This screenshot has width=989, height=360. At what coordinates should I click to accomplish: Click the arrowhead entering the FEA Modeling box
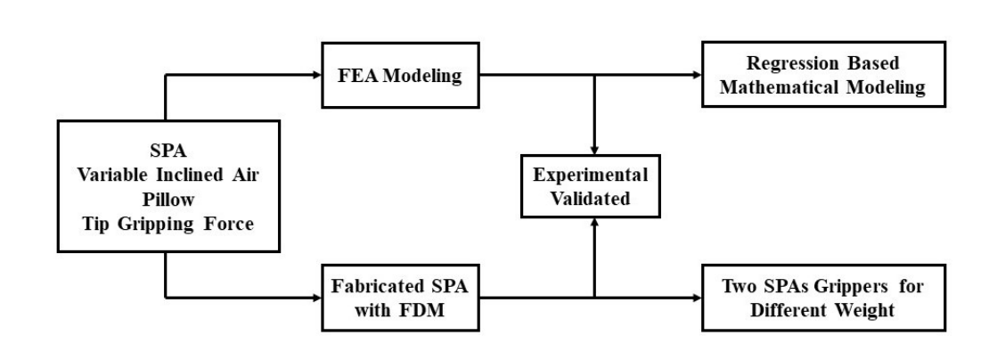coord(316,76)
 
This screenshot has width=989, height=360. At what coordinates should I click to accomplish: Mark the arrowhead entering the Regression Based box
coord(695,76)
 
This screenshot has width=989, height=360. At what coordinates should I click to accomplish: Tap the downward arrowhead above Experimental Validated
coord(593,146)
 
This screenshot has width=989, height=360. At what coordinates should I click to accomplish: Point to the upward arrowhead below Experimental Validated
coord(593,225)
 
